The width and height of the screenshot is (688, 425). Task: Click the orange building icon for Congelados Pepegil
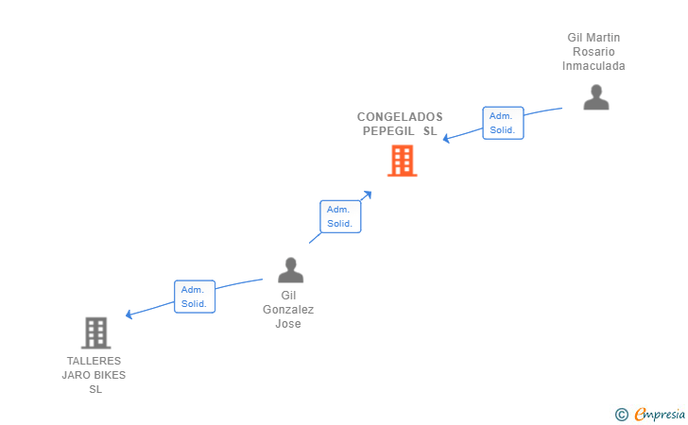click(402, 161)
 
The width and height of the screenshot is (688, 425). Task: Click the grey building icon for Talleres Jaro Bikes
click(95, 332)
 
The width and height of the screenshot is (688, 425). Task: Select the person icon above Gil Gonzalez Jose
click(290, 270)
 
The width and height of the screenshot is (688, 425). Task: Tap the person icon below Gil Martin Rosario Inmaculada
click(595, 96)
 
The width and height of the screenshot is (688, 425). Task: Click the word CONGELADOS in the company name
click(400, 117)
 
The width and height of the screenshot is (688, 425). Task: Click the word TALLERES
click(94, 361)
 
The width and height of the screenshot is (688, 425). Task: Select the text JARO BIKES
click(94, 375)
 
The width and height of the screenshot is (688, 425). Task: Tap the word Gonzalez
click(288, 310)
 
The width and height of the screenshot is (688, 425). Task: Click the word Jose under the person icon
click(288, 324)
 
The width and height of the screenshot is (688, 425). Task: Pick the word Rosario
click(593, 52)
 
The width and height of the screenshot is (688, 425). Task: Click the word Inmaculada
click(593, 66)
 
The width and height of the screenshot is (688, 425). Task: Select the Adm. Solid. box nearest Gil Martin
click(502, 123)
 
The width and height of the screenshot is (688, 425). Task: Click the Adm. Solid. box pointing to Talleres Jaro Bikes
click(194, 297)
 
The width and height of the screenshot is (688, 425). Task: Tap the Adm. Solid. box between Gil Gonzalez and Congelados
click(339, 216)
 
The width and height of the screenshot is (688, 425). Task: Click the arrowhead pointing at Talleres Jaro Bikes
click(129, 314)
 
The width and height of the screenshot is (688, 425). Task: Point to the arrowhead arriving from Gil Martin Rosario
click(447, 140)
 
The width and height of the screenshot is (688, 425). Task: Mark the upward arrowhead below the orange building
click(368, 195)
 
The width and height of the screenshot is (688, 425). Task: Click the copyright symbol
click(621, 414)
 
